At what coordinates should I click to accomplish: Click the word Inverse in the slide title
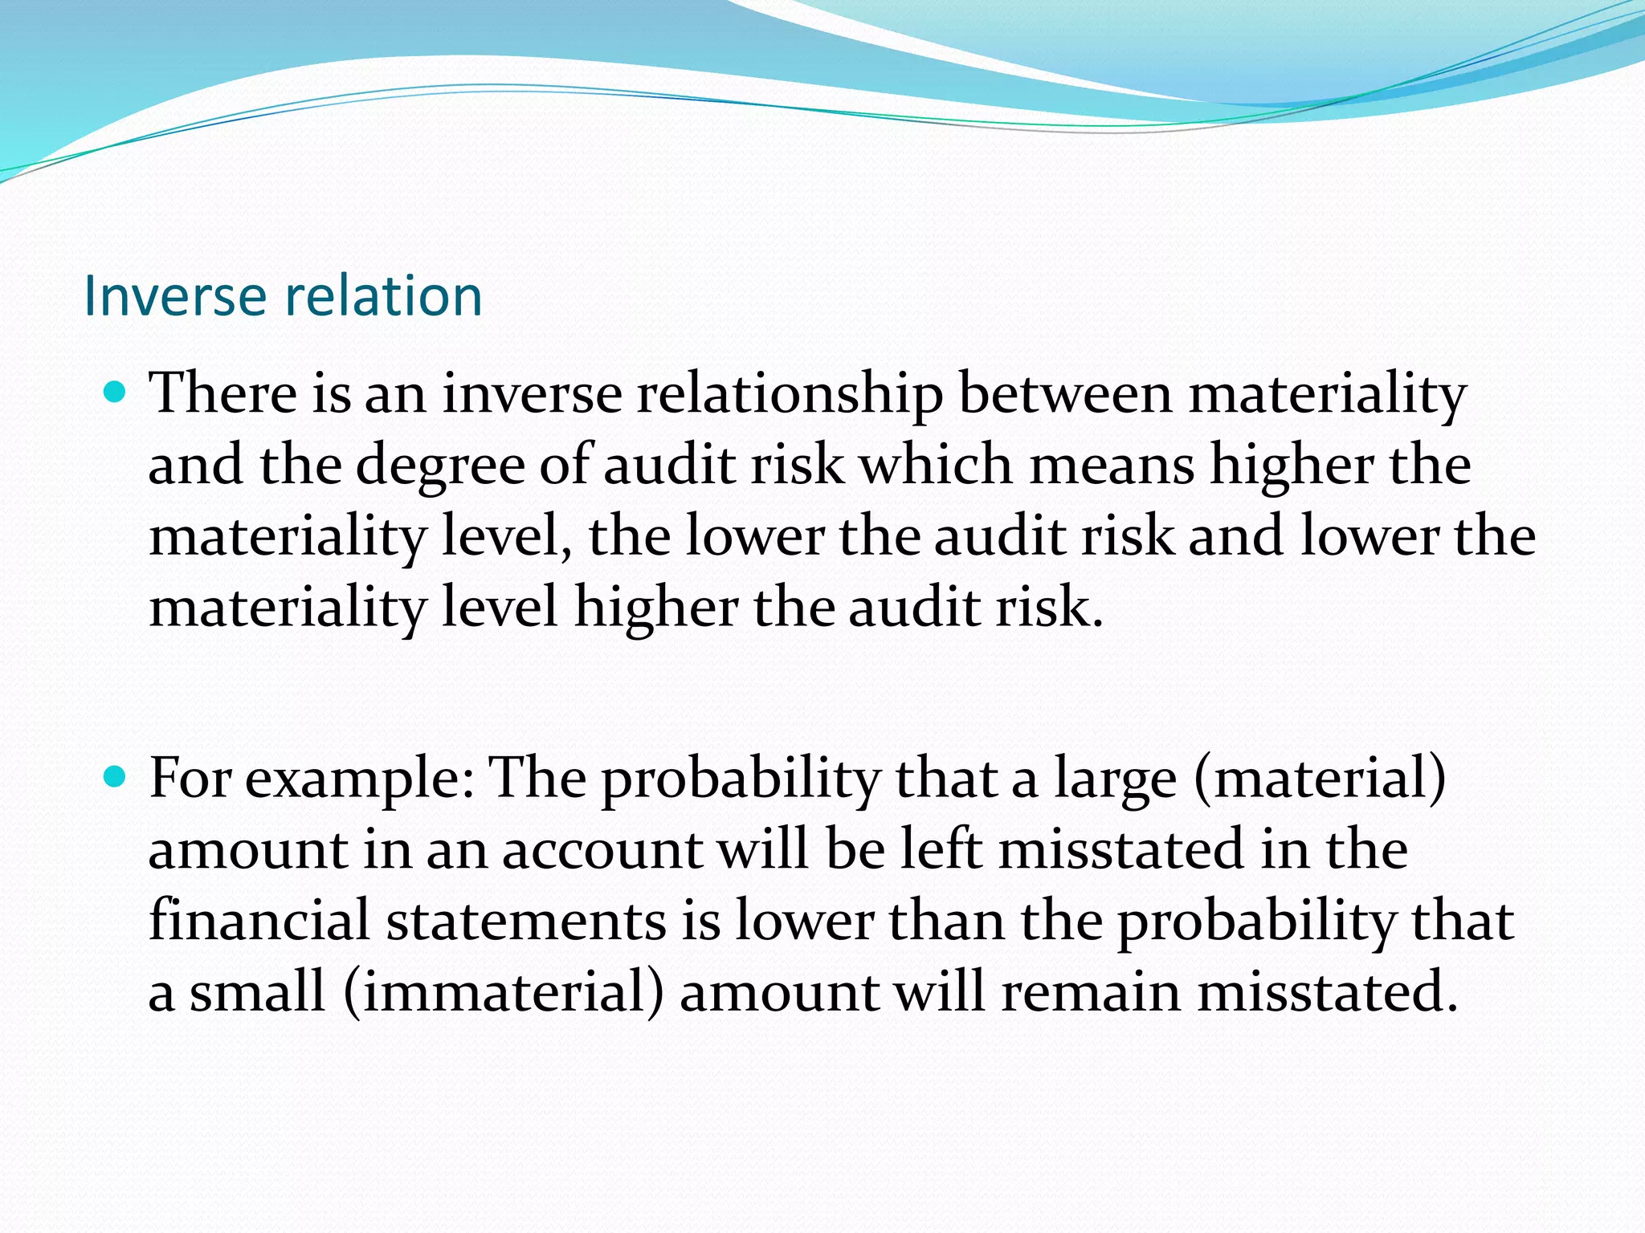click(x=174, y=295)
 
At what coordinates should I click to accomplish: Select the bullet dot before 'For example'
click(x=116, y=777)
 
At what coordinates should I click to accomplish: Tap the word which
click(x=936, y=466)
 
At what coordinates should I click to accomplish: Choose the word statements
click(x=526, y=921)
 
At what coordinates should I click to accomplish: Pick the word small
click(x=257, y=992)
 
